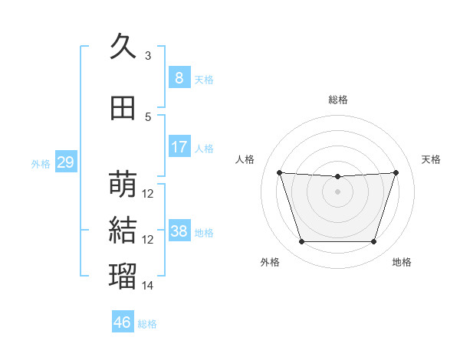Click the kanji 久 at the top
pyautogui.click(x=123, y=46)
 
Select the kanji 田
pyautogui.click(x=123, y=108)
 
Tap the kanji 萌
pyautogui.click(x=123, y=184)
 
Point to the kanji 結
pyautogui.click(x=123, y=230)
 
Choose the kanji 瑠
pyautogui.click(x=123, y=276)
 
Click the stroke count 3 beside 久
pyautogui.click(x=148, y=55)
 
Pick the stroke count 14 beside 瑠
pyautogui.click(x=147, y=285)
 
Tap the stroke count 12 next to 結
pyautogui.click(x=147, y=240)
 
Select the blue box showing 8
pyautogui.click(x=179, y=77)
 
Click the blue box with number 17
pyautogui.click(x=179, y=146)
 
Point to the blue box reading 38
pyautogui.click(x=179, y=230)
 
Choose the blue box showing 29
pyautogui.click(x=66, y=162)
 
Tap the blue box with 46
pyautogui.click(x=123, y=321)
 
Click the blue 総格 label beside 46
pyautogui.click(x=147, y=324)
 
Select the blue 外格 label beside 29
pyautogui.click(x=41, y=164)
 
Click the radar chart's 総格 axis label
pyautogui.click(x=338, y=100)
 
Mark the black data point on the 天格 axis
pyautogui.click(x=396, y=172)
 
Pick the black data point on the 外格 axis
pyautogui.click(x=302, y=241)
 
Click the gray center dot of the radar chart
pyautogui.click(x=337, y=191)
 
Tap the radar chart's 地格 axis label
pyautogui.click(x=402, y=262)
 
